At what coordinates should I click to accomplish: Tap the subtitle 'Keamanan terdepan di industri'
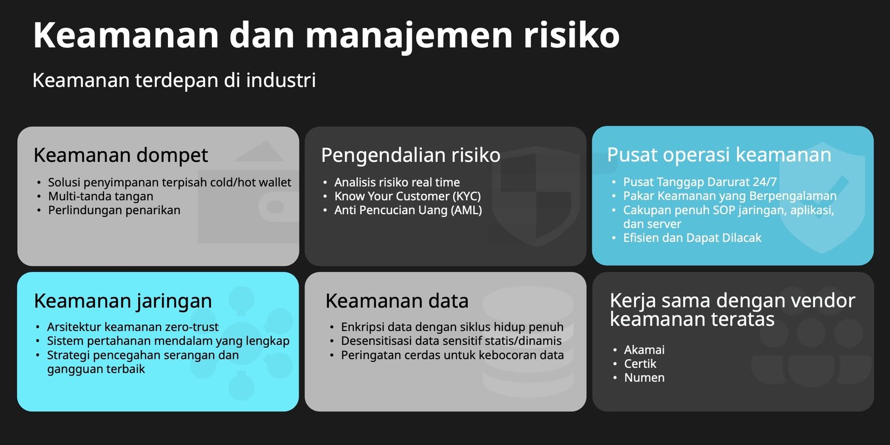[x=174, y=81]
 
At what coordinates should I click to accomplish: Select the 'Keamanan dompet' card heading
[x=121, y=155]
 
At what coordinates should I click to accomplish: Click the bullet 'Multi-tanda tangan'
[x=101, y=196]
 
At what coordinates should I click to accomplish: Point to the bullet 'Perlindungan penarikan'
[x=114, y=210]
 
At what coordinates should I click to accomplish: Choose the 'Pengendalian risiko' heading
[x=411, y=155]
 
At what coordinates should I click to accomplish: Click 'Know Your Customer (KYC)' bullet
[x=407, y=196]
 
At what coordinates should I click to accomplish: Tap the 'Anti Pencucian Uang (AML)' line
[x=408, y=210]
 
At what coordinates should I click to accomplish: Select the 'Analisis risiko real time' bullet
[x=397, y=182]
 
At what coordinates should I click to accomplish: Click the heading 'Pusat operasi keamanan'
[x=719, y=155]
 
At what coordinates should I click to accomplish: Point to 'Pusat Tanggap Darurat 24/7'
[x=700, y=182]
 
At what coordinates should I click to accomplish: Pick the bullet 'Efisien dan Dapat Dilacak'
[x=692, y=238]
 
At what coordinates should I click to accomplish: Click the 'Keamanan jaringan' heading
[x=123, y=301]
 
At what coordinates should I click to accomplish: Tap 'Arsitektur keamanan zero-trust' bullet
[x=133, y=327]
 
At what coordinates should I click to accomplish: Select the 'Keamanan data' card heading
[x=397, y=301]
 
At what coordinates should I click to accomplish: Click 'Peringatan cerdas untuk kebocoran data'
[x=452, y=355]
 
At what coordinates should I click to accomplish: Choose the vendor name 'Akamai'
[x=644, y=350]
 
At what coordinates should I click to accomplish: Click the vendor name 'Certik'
[x=640, y=364]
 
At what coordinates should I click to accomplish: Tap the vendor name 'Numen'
[x=644, y=378]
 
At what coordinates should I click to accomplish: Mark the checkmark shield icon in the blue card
[x=822, y=197]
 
